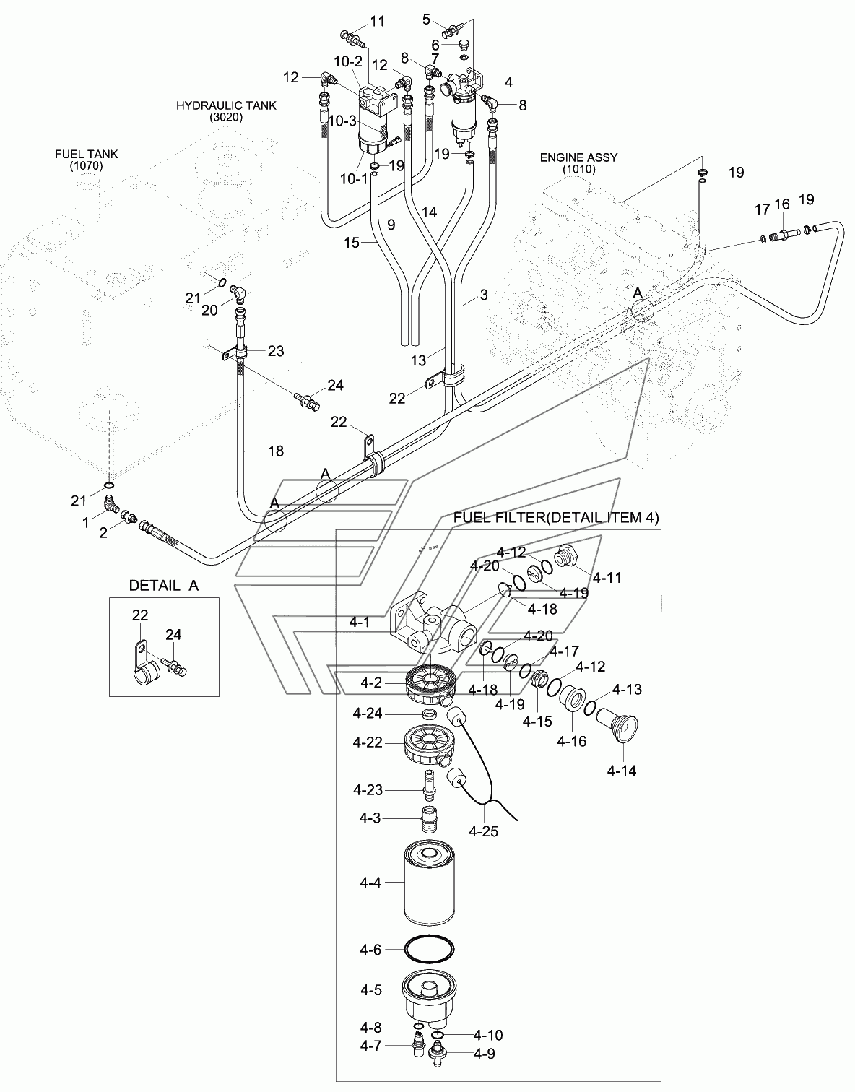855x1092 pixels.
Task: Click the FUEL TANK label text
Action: [87, 160]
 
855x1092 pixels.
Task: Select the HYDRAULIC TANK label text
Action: [226, 110]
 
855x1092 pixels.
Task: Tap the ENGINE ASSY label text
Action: [578, 163]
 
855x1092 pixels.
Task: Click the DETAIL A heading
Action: [163, 586]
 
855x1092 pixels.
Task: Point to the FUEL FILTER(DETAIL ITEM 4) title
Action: [555, 518]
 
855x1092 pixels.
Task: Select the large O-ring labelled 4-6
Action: [430, 949]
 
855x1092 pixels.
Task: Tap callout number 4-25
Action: [483, 831]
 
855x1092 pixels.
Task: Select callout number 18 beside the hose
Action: [276, 451]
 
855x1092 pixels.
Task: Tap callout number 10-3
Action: [343, 121]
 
